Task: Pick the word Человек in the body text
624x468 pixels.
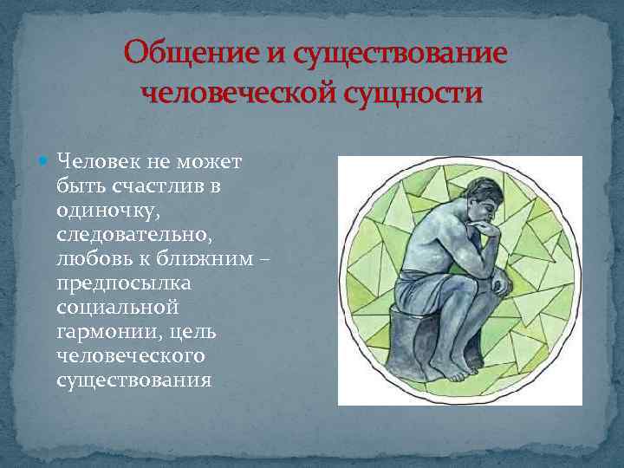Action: tap(94, 161)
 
